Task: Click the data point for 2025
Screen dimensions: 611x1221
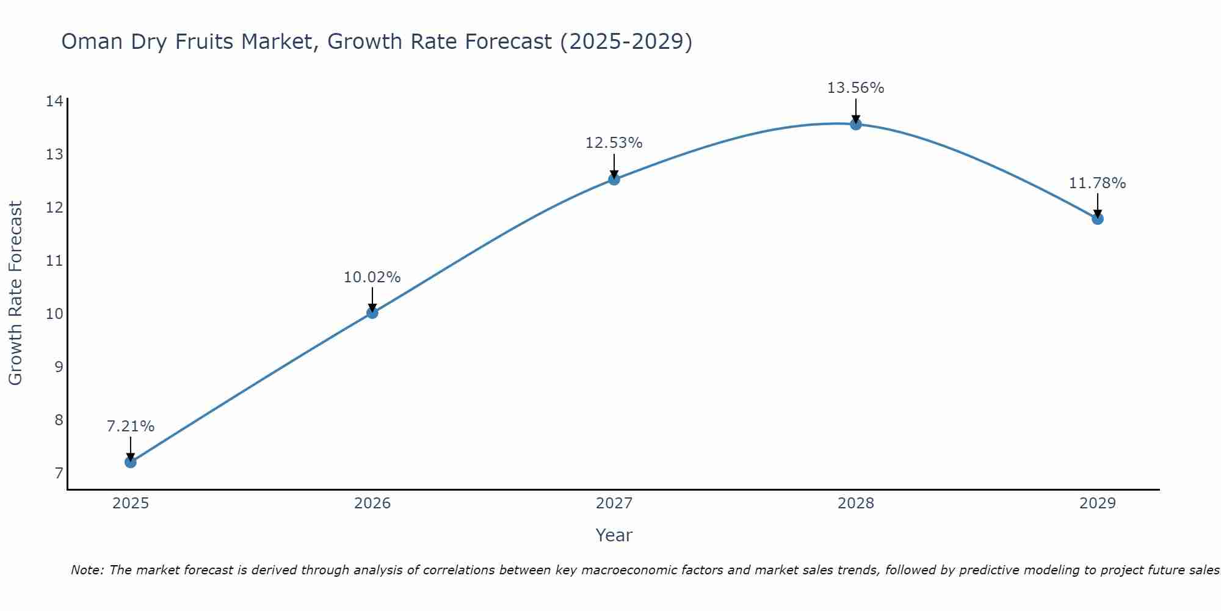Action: pyautogui.click(x=131, y=462)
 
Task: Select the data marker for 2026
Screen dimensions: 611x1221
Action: pyautogui.click(x=372, y=313)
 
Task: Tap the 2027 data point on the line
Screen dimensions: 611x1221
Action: pyautogui.click(x=614, y=179)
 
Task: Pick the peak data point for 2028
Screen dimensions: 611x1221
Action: pyautogui.click(x=856, y=124)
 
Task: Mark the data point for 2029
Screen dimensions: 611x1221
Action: pyautogui.click(x=1098, y=219)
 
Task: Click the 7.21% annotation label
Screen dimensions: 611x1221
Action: pyautogui.click(x=131, y=426)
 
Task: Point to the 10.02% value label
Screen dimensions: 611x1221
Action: pyautogui.click(x=372, y=277)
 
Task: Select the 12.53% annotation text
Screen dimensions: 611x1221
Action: pyautogui.click(x=614, y=143)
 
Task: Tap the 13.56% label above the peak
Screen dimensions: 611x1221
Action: pyautogui.click(x=856, y=88)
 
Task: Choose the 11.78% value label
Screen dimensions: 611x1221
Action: pyautogui.click(x=1098, y=183)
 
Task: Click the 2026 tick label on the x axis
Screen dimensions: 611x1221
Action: pyautogui.click(x=372, y=503)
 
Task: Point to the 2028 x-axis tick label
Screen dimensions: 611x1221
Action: pyautogui.click(x=856, y=503)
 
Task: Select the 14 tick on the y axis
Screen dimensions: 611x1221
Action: pyautogui.click(x=54, y=101)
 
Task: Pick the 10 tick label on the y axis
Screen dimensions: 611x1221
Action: pyautogui.click(x=54, y=314)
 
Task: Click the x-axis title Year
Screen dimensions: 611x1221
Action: pyautogui.click(x=614, y=535)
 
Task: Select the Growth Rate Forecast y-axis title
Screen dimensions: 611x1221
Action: pyautogui.click(x=16, y=293)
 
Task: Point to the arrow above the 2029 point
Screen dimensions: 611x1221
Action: pyautogui.click(x=1098, y=205)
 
